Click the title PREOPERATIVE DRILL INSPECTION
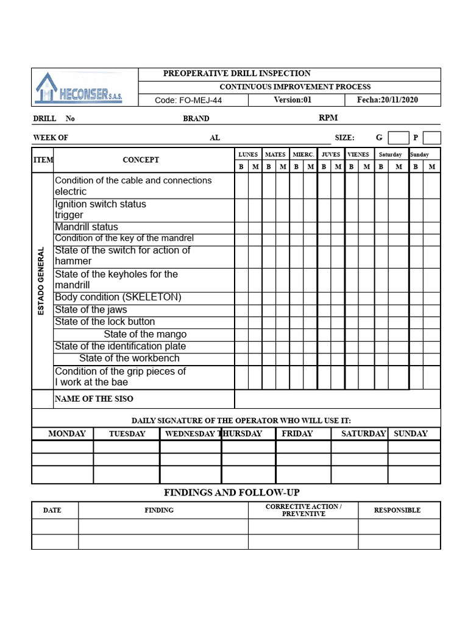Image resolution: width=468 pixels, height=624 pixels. coord(236,74)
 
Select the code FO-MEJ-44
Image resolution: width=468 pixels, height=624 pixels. coord(188,101)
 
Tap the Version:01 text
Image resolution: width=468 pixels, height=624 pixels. coord(292,100)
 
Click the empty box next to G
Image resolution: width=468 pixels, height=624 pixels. coord(399,138)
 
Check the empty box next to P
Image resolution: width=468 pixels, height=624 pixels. coord(431,138)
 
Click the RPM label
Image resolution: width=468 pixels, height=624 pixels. coord(328,118)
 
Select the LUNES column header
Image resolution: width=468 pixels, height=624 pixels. coord(248,155)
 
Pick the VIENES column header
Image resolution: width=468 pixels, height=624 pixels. coord(358,155)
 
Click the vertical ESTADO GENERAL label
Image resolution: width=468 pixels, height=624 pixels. coord(41,281)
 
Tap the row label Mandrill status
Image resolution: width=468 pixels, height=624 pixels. coord(87,227)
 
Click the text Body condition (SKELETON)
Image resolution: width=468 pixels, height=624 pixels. coord(118,297)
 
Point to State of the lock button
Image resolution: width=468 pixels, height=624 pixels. coord(105,322)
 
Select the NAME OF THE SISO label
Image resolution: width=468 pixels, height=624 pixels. coord(94,399)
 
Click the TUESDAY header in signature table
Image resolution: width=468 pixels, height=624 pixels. coord(127,434)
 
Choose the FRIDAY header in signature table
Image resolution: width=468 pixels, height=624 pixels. coord(297,434)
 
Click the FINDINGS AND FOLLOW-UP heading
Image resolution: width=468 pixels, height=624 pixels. coord(232,492)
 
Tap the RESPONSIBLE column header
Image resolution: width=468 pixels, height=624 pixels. coord(397,510)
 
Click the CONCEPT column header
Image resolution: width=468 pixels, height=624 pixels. coord(141,160)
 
